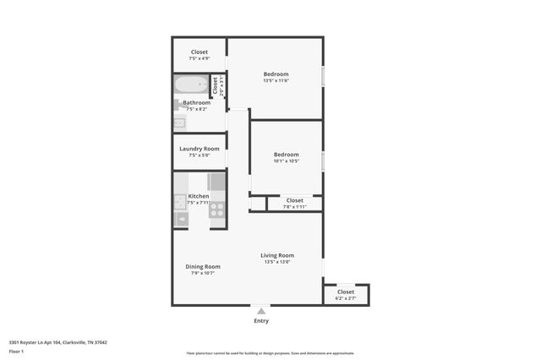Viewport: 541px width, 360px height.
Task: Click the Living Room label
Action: click(276, 255)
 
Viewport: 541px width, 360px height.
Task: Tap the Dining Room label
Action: click(202, 266)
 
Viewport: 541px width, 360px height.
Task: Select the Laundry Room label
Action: click(199, 149)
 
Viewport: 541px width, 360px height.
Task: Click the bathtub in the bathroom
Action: click(191, 86)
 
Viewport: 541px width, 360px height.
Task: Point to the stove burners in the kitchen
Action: click(217, 209)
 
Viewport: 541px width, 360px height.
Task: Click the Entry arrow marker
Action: click(261, 311)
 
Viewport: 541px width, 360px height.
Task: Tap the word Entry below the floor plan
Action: click(261, 321)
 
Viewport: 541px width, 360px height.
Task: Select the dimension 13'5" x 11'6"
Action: click(276, 81)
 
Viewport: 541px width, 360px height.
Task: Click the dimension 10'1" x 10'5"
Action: click(286, 161)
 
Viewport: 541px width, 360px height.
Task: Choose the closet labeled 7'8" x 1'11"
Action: click(294, 203)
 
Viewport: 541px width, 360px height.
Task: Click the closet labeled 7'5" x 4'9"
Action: click(199, 55)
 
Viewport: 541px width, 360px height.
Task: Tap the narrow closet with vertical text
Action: click(216, 86)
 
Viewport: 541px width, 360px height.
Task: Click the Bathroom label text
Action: click(196, 103)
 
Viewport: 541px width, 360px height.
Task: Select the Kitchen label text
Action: click(198, 196)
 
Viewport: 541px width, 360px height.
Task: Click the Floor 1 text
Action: click(16, 351)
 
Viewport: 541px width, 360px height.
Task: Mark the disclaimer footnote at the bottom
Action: click(270, 353)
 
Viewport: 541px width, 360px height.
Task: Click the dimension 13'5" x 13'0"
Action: click(276, 262)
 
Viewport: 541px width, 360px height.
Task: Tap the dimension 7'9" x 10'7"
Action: click(202, 273)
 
